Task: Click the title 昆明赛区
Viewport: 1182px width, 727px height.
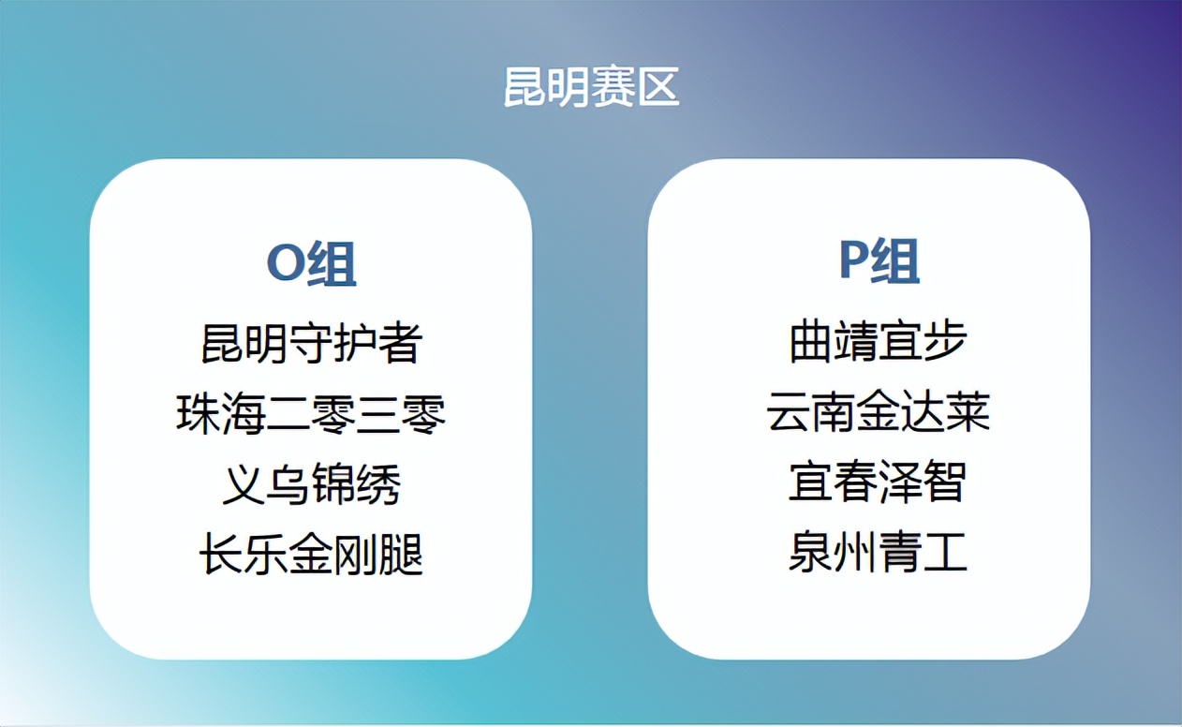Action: tap(591, 87)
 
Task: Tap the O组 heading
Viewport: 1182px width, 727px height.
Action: tap(311, 264)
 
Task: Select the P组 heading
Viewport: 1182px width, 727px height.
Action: tap(878, 261)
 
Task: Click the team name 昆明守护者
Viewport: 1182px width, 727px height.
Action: tap(311, 343)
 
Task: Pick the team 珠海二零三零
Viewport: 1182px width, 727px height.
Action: tap(311, 413)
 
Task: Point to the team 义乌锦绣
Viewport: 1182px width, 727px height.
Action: tap(311, 484)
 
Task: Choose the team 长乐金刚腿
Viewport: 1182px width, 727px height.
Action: tap(311, 555)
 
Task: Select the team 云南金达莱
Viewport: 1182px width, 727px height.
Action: tap(878, 413)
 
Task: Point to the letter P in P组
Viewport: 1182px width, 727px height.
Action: tap(853, 261)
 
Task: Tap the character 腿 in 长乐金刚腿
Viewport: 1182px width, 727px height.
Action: tap(401, 555)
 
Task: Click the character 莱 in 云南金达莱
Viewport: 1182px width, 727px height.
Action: tap(968, 413)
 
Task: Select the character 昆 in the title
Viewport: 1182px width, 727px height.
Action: tap(525, 87)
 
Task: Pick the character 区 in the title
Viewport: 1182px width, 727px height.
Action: tap(657, 87)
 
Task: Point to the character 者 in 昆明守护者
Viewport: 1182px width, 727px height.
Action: tap(401, 343)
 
